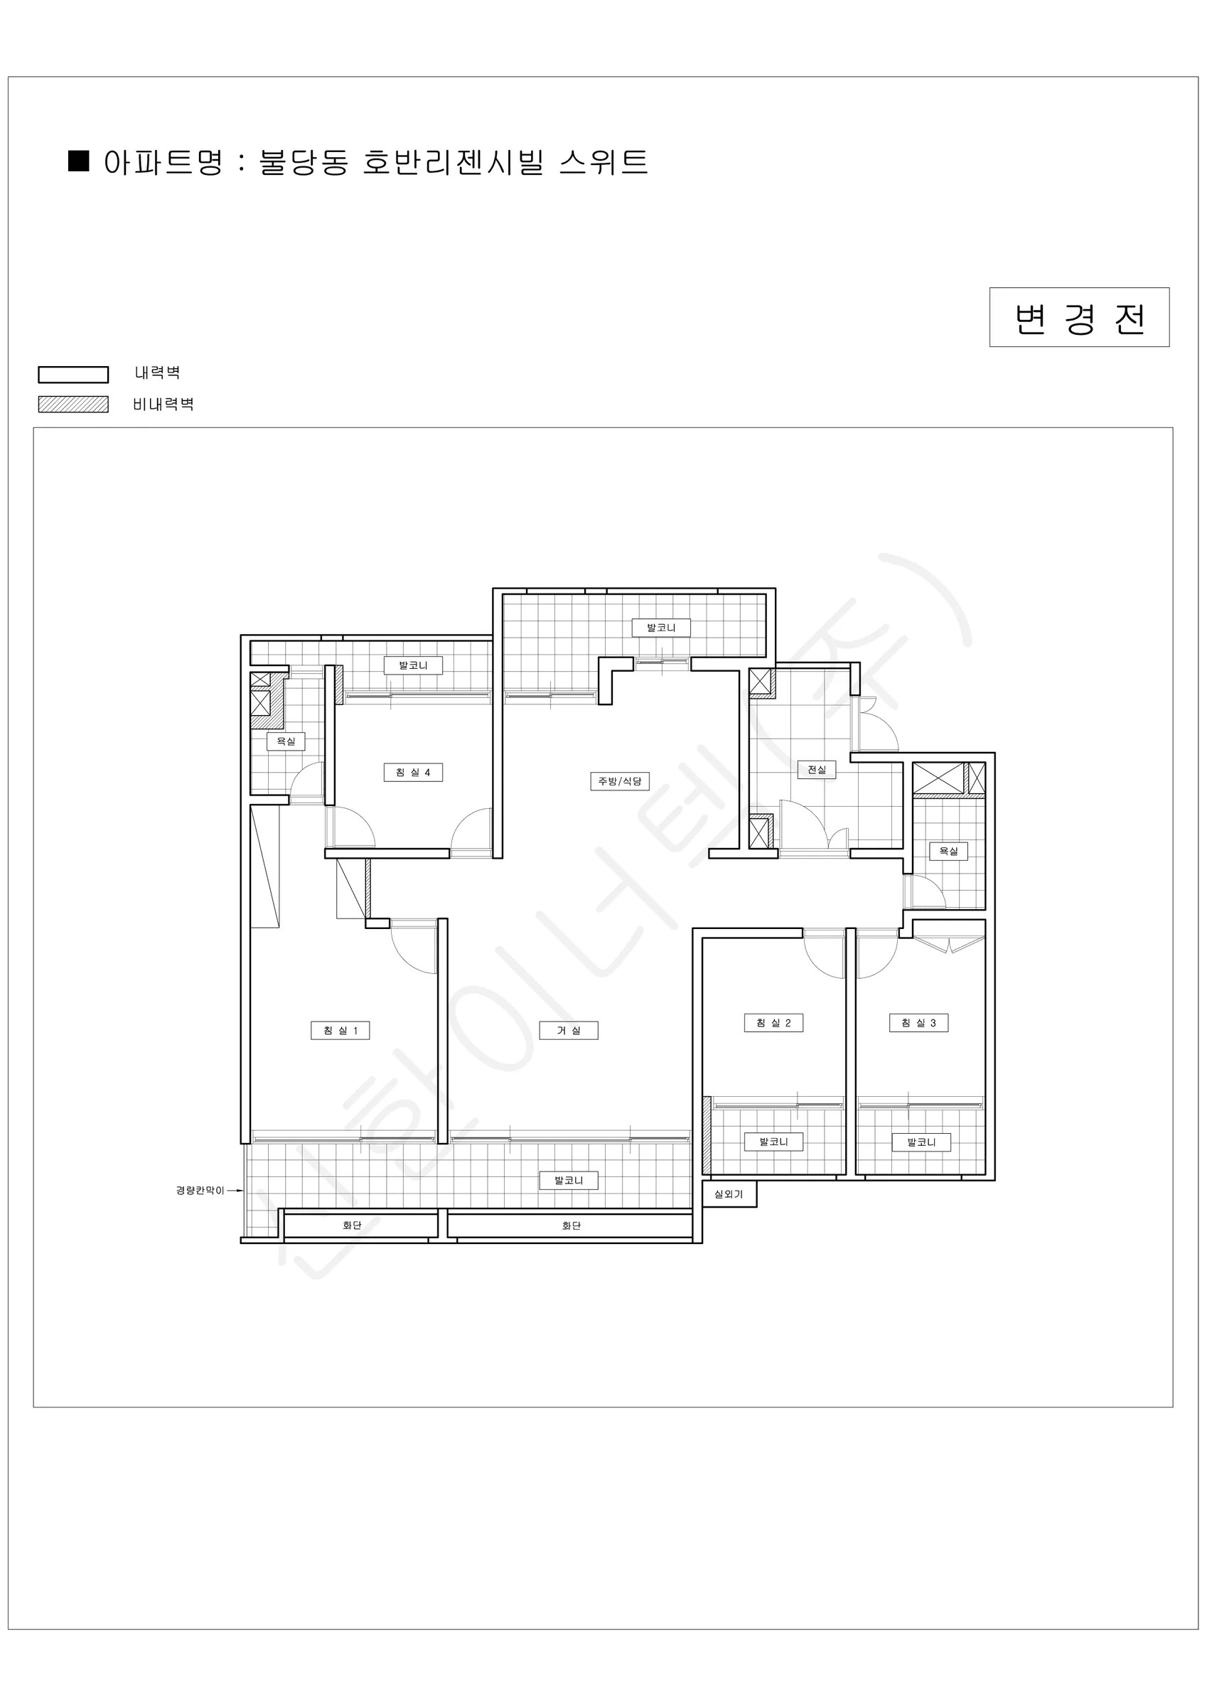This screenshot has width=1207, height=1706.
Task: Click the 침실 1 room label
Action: (x=340, y=1031)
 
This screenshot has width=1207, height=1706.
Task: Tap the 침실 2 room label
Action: (x=773, y=1023)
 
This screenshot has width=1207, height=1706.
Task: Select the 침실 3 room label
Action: (x=918, y=1023)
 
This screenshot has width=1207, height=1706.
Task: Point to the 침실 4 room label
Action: (x=413, y=773)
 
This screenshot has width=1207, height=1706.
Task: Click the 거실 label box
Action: (x=569, y=1031)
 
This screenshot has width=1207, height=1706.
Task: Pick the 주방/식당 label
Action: (x=620, y=781)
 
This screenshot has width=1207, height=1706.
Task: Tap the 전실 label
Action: (x=817, y=770)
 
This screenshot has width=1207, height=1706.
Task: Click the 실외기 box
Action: (x=729, y=1194)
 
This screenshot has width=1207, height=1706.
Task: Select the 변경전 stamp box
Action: (x=1079, y=317)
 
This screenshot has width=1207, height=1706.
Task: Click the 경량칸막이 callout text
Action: (x=200, y=1191)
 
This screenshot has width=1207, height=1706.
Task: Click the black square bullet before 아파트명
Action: (x=79, y=161)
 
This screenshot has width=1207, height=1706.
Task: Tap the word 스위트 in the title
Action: (x=603, y=162)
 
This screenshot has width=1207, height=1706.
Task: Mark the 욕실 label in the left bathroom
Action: (x=286, y=741)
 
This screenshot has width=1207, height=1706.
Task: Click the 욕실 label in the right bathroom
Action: (x=949, y=852)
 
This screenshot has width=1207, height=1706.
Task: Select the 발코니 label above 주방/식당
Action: (x=662, y=628)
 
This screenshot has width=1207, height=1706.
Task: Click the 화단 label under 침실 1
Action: (x=353, y=1225)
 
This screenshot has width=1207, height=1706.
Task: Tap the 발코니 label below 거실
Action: (x=569, y=1181)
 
